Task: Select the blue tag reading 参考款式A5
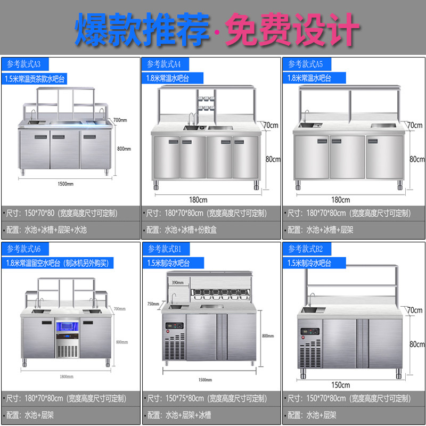click(x=306, y=64)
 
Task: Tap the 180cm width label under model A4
click(x=198, y=200)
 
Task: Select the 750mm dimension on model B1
click(x=153, y=304)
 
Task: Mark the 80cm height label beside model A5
click(x=416, y=159)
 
